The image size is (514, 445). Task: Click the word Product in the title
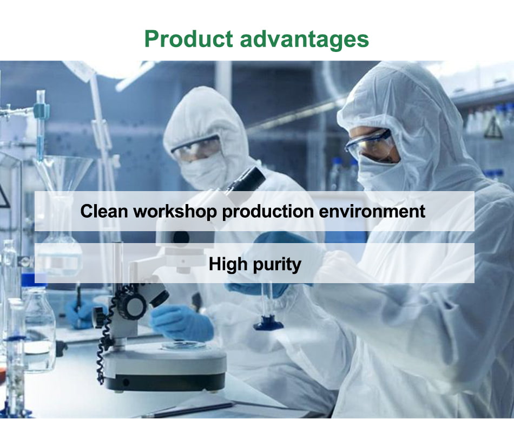(188, 38)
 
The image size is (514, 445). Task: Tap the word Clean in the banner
(104, 211)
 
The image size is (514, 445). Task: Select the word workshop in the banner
(175, 211)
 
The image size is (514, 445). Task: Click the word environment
(372, 211)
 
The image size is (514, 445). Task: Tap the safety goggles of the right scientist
(369, 145)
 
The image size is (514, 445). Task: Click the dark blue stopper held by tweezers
(268, 323)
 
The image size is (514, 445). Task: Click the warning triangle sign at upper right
(493, 128)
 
